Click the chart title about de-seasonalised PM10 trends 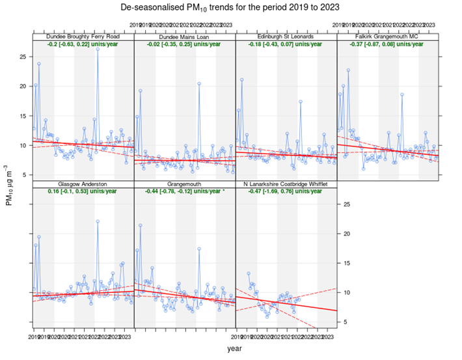point(230,7)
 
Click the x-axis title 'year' point(236,350)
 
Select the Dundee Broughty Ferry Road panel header point(83,36)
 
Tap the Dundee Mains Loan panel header point(185,36)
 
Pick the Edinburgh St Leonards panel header point(286,36)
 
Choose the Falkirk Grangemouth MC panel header point(388,36)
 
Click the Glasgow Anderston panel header point(83,184)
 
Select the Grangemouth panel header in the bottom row point(185,184)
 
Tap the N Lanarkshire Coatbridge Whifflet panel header point(286,184)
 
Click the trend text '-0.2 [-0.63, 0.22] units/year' point(83,44)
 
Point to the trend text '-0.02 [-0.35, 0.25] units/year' point(185,44)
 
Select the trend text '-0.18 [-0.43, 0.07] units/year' point(286,44)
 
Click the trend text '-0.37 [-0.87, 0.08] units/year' point(388,44)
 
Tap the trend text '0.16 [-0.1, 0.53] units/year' point(83,192)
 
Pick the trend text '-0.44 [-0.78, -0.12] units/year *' point(185,192)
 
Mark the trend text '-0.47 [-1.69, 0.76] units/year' point(286,192)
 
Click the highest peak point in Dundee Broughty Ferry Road point(98,49)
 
